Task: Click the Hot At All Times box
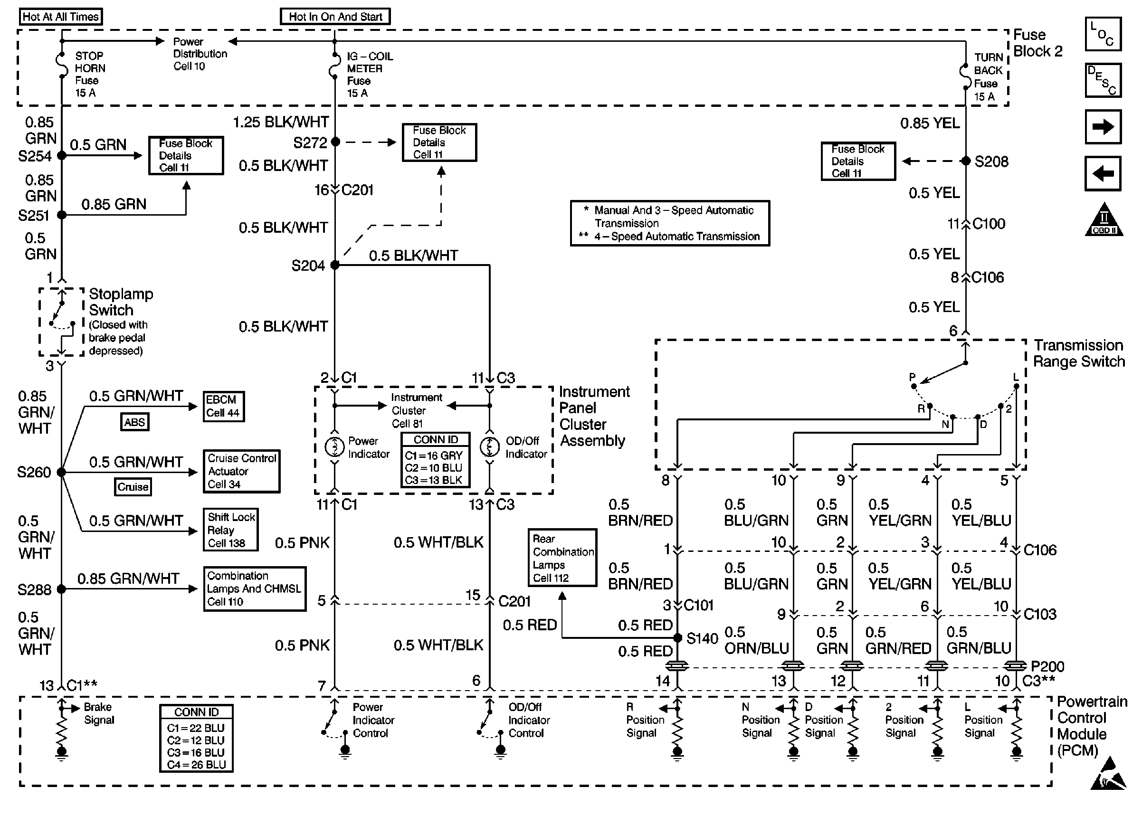61,17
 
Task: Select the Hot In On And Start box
335,17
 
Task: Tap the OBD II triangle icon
1104,219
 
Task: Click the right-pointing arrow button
1103,127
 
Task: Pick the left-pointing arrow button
1103,174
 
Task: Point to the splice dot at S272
335,142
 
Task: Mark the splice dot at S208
965,161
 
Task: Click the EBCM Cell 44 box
224,407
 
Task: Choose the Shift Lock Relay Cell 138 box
230,530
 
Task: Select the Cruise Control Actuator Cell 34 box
241,471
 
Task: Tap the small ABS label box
134,422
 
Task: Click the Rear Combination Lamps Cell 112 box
562,558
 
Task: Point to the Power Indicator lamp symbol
334,446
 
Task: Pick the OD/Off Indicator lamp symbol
489,446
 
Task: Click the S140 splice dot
677,637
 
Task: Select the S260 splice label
34,472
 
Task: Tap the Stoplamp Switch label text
121,302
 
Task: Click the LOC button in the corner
1103,34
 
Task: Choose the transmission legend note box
670,223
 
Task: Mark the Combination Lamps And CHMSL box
255,589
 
